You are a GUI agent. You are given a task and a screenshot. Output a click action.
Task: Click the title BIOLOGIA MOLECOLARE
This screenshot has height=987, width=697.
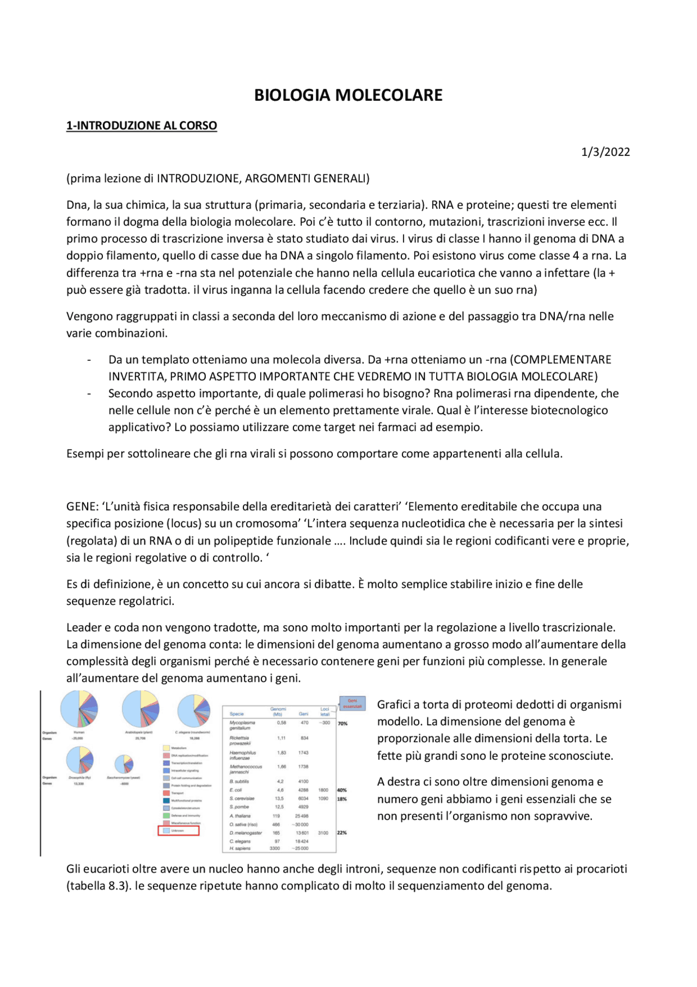click(x=348, y=95)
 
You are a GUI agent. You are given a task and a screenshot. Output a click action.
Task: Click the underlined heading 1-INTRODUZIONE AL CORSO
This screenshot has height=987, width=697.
click(x=142, y=126)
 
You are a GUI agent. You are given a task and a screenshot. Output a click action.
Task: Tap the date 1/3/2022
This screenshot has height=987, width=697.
click(x=605, y=152)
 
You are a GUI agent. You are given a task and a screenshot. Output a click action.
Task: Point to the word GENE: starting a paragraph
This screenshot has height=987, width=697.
click(x=82, y=506)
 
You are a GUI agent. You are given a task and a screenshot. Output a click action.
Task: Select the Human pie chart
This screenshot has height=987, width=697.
click(x=79, y=709)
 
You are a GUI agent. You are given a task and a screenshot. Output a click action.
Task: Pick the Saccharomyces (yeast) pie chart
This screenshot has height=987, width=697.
click(x=124, y=764)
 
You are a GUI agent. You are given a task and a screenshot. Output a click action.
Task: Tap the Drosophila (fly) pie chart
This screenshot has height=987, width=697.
click(x=80, y=760)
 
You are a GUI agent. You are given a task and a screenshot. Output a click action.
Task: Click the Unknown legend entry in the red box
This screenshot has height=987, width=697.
click(x=179, y=831)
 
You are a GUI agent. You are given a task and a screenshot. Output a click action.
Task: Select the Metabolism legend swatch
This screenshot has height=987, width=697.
click(x=166, y=748)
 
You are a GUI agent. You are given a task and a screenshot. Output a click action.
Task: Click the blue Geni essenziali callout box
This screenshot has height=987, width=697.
click(x=352, y=704)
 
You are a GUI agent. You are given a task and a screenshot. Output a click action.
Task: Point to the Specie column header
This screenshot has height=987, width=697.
click(x=237, y=713)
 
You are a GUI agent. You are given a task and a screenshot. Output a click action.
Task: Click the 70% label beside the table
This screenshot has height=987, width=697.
click(x=343, y=723)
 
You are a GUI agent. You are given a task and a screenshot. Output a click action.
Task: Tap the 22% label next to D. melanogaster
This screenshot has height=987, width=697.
click(x=342, y=833)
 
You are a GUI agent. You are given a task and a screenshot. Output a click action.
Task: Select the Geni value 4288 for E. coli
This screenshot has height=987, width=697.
click(x=303, y=790)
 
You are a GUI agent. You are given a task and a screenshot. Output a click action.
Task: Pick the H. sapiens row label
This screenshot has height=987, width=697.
click(x=240, y=849)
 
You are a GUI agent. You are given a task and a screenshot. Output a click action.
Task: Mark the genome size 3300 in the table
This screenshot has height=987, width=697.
click(x=275, y=849)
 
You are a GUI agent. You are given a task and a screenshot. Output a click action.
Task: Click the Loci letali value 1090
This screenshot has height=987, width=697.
click(x=323, y=798)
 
